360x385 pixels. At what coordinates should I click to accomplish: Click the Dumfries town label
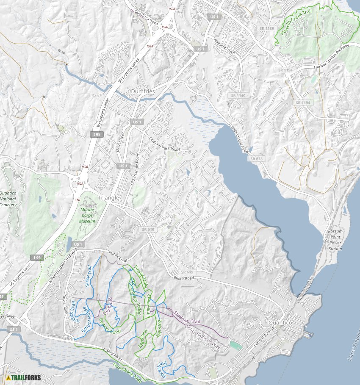[143, 91]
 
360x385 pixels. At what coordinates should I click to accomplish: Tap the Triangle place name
[108, 198]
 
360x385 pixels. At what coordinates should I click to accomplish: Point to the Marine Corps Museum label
[87, 215]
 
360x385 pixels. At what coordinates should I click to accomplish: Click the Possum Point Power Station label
[335, 240]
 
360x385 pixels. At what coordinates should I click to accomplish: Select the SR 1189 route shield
[267, 28]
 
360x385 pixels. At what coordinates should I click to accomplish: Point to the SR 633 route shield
[256, 159]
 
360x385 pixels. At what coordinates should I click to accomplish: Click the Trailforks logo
[24, 377]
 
